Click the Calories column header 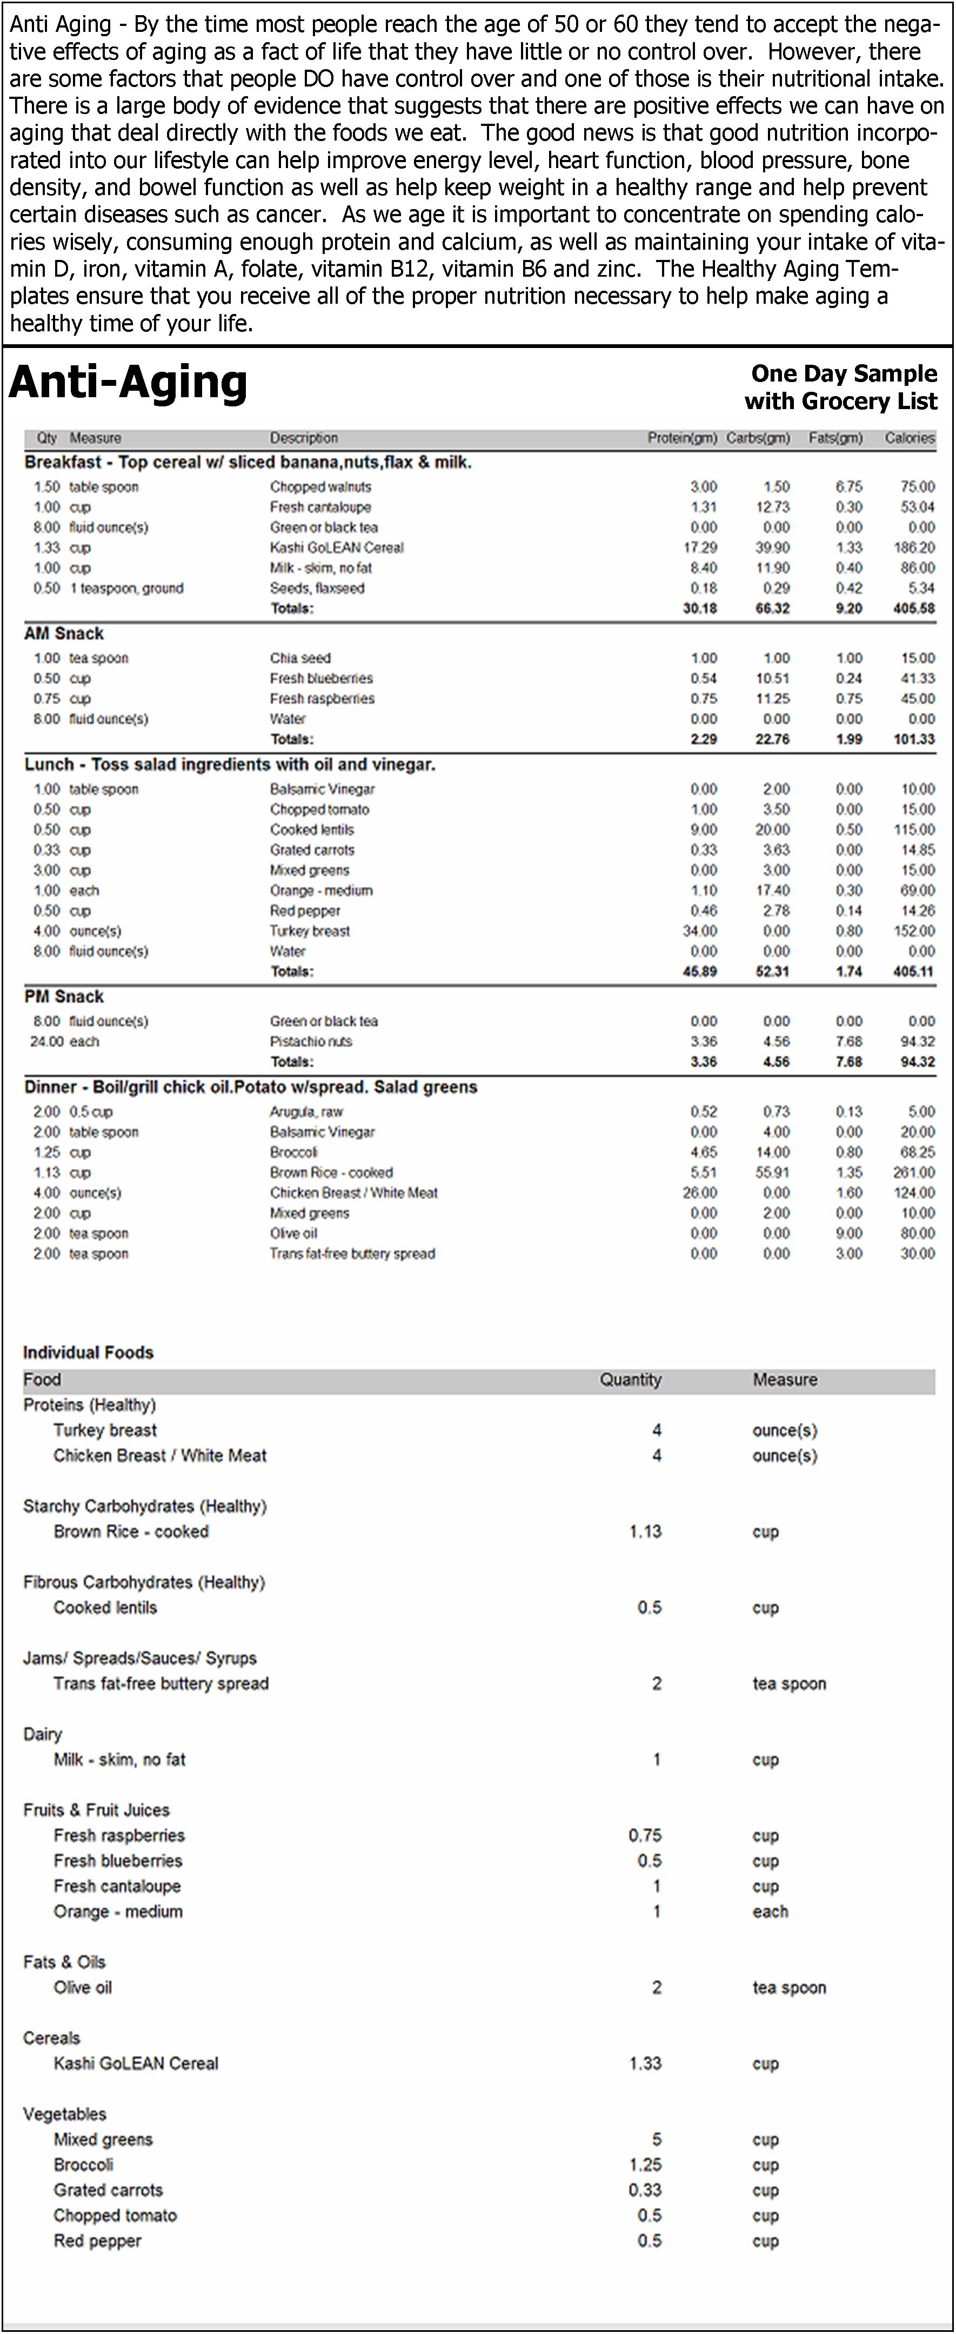click(x=909, y=438)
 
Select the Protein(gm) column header click(x=681, y=438)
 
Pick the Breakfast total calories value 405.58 click(x=913, y=608)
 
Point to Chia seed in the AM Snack click(x=300, y=658)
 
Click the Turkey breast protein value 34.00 click(x=703, y=931)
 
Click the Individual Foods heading click(x=88, y=1353)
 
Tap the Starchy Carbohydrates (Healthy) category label click(x=145, y=1506)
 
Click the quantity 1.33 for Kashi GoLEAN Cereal click(x=645, y=2063)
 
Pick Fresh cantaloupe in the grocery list click(x=117, y=1885)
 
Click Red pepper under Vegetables click(x=97, y=2241)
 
